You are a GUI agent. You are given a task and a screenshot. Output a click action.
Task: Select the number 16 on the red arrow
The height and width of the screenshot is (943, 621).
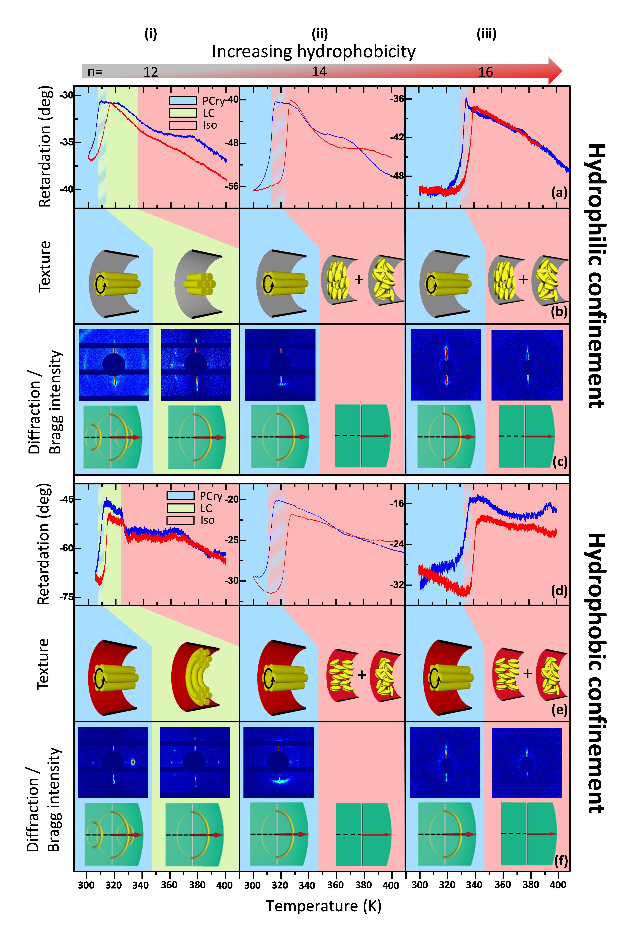[486, 72]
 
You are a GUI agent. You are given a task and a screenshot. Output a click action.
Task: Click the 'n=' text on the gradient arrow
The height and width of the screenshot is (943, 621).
[95, 72]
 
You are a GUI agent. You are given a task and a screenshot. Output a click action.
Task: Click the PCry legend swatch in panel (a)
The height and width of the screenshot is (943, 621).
[183, 101]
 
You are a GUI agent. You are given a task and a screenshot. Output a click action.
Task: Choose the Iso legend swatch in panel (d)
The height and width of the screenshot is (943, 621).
[180, 520]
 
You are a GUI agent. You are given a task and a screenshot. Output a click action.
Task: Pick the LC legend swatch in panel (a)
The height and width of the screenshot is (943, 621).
[183, 113]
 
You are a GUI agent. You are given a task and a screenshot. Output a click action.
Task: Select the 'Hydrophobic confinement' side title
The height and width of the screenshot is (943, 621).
[596, 672]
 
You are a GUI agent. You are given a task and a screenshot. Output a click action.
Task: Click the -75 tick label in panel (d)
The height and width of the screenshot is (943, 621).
[67, 597]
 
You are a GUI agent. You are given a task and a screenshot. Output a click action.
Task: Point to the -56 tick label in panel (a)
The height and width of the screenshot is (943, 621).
[232, 186]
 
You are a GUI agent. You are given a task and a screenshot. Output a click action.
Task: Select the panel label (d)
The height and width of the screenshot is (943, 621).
[559, 591]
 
